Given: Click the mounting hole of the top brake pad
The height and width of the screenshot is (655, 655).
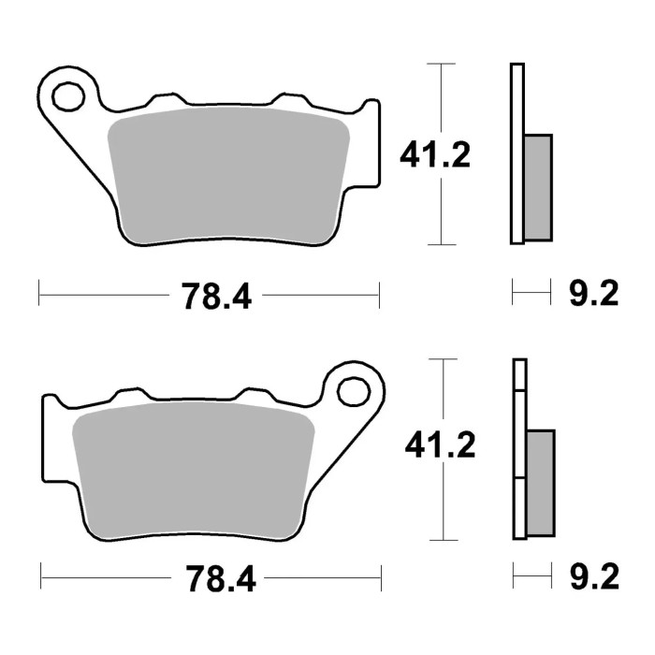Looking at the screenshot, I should (x=67, y=95).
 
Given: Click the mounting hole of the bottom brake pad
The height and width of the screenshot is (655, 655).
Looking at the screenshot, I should (x=353, y=390).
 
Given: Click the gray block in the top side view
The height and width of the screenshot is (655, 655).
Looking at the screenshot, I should (x=537, y=186).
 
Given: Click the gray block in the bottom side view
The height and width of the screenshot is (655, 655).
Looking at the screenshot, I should (x=540, y=482).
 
